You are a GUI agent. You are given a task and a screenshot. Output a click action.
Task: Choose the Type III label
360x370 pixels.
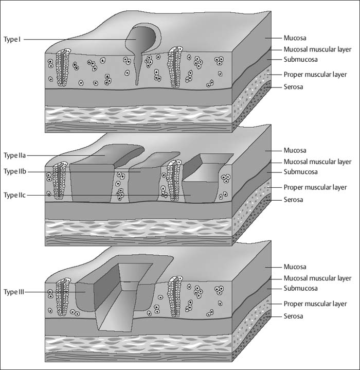[14, 292]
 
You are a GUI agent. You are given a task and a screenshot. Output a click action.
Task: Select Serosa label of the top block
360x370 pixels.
[293, 86]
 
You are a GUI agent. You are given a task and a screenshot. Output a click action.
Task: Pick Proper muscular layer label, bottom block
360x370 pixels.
[315, 304]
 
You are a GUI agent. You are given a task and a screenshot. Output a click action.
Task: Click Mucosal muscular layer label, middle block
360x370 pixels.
[317, 162]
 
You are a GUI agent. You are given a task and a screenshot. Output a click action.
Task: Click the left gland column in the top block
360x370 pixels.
[62, 67]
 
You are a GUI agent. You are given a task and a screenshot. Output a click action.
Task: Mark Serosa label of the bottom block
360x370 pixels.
[293, 315]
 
